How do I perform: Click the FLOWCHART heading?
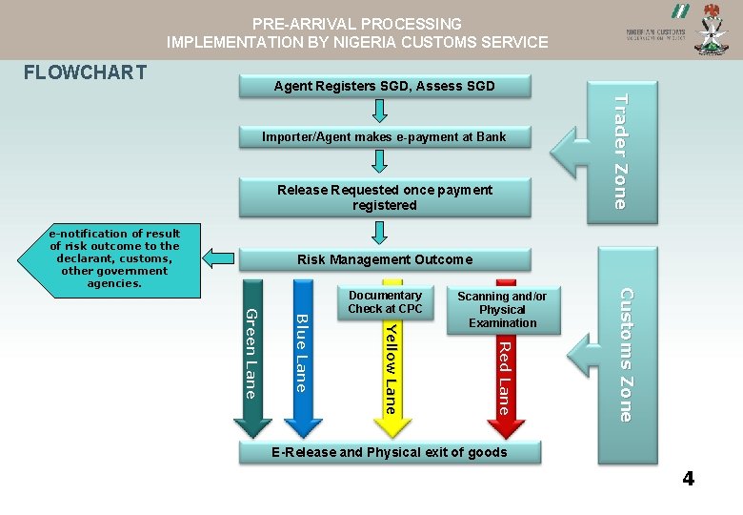tap(85, 72)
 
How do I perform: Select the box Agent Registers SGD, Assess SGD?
tap(384, 86)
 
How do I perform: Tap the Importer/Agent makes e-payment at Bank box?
tap(384, 137)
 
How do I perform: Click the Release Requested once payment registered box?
tap(384, 197)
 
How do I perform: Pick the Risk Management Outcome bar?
tap(384, 259)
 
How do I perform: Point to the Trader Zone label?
tap(619, 152)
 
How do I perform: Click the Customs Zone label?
tap(625, 354)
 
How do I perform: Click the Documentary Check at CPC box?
tap(385, 301)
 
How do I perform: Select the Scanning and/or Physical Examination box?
tap(502, 310)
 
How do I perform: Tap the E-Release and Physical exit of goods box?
tap(389, 452)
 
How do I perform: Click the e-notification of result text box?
tap(114, 258)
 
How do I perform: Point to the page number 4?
tap(688, 479)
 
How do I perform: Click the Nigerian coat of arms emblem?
tap(710, 29)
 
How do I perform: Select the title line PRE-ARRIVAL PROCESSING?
tap(357, 24)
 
